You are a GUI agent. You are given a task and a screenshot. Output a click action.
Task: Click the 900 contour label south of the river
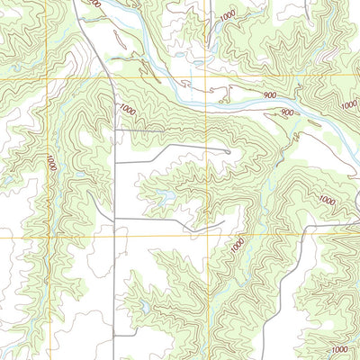(286, 112)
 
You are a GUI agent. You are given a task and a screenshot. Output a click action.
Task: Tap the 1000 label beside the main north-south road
(126, 109)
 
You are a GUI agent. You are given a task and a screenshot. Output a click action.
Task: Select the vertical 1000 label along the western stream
(52, 163)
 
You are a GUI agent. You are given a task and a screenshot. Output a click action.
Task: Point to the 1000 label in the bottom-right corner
(339, 349)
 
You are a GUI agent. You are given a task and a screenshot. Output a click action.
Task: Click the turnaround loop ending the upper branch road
(228, 152)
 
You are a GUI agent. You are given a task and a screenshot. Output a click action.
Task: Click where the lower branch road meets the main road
(114, 219)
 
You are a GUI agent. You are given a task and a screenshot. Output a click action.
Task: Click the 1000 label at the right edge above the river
(349, 104)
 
